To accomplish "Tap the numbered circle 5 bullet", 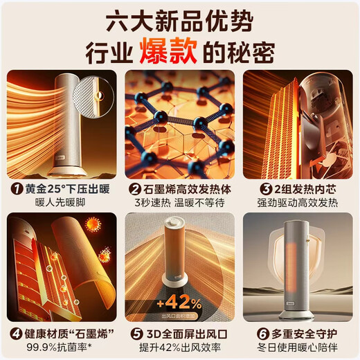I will coord(134,333).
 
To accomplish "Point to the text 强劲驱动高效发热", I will coord(298,203).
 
